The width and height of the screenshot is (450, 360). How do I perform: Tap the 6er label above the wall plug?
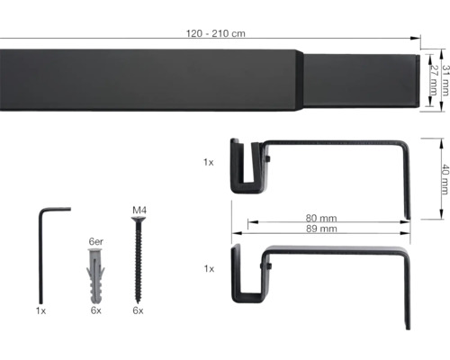click(x=95, y=241)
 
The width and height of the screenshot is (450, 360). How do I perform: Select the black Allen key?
click(x=42, y=252)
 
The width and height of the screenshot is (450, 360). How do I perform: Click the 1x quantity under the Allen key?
click(x=41, y=310)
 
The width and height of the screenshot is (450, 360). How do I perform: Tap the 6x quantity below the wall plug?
click(x=95, y=310)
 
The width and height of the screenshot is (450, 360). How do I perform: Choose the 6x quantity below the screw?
click(x=139, y=310)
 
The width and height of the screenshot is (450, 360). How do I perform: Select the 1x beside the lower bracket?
click(x=209, y=267)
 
